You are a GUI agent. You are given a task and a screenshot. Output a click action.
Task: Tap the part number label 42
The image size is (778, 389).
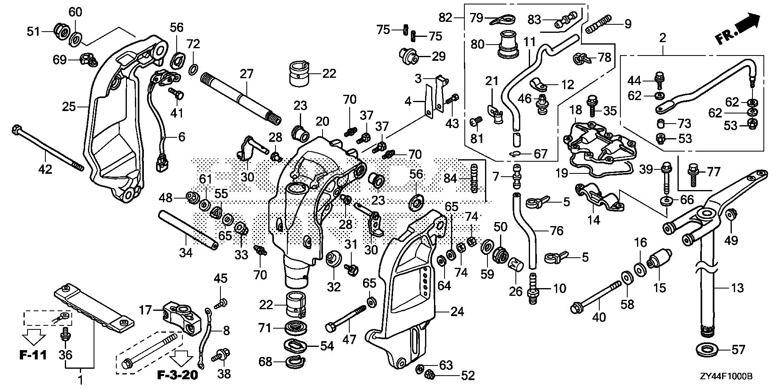(45, 169)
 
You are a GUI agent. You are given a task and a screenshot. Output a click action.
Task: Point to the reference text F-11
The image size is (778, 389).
(33, 356)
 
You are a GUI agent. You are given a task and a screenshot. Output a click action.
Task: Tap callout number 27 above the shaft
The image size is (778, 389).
(246, 74)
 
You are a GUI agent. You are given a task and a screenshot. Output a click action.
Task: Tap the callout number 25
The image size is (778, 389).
(69, 107)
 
